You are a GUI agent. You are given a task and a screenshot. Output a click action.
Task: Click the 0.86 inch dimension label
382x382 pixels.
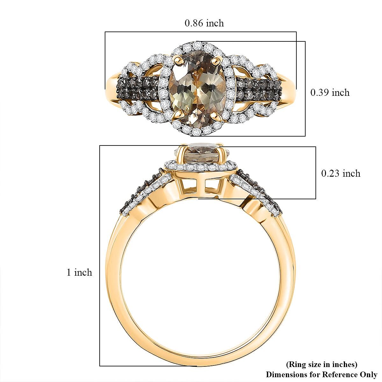pyautogui.click(x=204, y=23)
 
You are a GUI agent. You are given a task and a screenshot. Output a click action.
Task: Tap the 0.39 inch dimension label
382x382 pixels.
pyautogui.click(x=330, y=93)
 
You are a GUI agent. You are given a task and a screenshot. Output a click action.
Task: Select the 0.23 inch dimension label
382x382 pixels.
pyautogui.click(x=341, y=173)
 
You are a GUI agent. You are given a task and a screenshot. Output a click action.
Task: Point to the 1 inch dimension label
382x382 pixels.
pyautogui.click(x=79, y=272)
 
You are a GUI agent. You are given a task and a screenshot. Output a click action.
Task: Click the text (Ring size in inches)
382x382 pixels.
pyautogui.click(x=322, y=364)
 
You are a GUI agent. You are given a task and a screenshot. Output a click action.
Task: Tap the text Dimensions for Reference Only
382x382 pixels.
pyautogui.click(x=322, y=374)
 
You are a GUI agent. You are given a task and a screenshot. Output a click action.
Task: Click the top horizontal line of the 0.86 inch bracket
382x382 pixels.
pyautogui.click(x=201, y=32)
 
